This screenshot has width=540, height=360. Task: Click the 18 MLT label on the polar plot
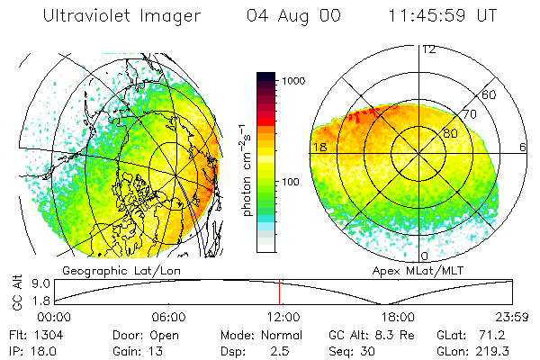(x=319, y=147)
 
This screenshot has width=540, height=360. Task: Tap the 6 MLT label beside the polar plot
(x=523, y=147)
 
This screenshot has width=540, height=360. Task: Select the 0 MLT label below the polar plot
(x=425, y=244)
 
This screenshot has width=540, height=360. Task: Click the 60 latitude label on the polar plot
(x=490, y=94)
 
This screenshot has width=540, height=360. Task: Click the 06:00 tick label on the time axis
(x=168, y=317)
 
